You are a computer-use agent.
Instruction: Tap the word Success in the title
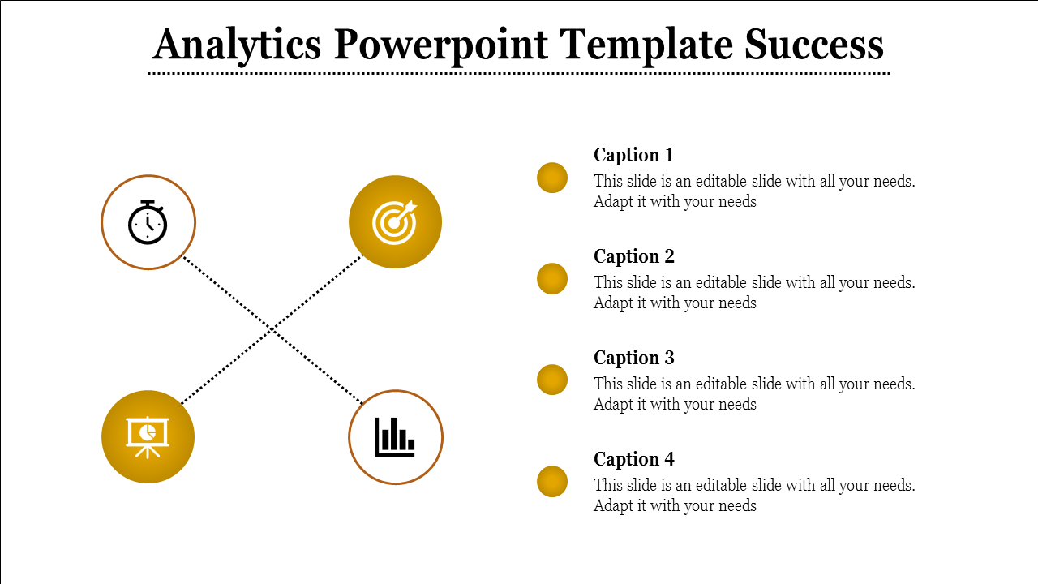[x=814, y=45]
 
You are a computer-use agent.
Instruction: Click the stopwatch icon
[x=148, y=222]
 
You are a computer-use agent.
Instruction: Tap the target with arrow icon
[x=395, y=221]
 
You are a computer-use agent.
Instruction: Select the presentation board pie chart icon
[x=148, y=436]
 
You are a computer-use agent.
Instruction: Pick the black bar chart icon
[x=395, y=437]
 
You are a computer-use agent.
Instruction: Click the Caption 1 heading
[x=633, y=155]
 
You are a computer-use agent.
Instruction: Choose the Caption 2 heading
[x=633, y=256]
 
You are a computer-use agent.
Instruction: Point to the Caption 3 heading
[x=633, y=358]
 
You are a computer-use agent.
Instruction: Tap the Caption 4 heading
[x=633, y=459]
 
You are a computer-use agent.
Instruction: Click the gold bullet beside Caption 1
[x=552, y=178]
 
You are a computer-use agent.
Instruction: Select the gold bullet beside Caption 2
[x=552, y=279]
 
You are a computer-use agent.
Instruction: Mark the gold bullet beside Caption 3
[x=552, y=380]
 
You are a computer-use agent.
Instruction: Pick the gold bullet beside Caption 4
[x=552, y=482]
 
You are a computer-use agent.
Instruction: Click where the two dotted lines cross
[x=272, y=330]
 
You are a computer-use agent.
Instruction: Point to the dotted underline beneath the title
[x=519, y=73]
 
